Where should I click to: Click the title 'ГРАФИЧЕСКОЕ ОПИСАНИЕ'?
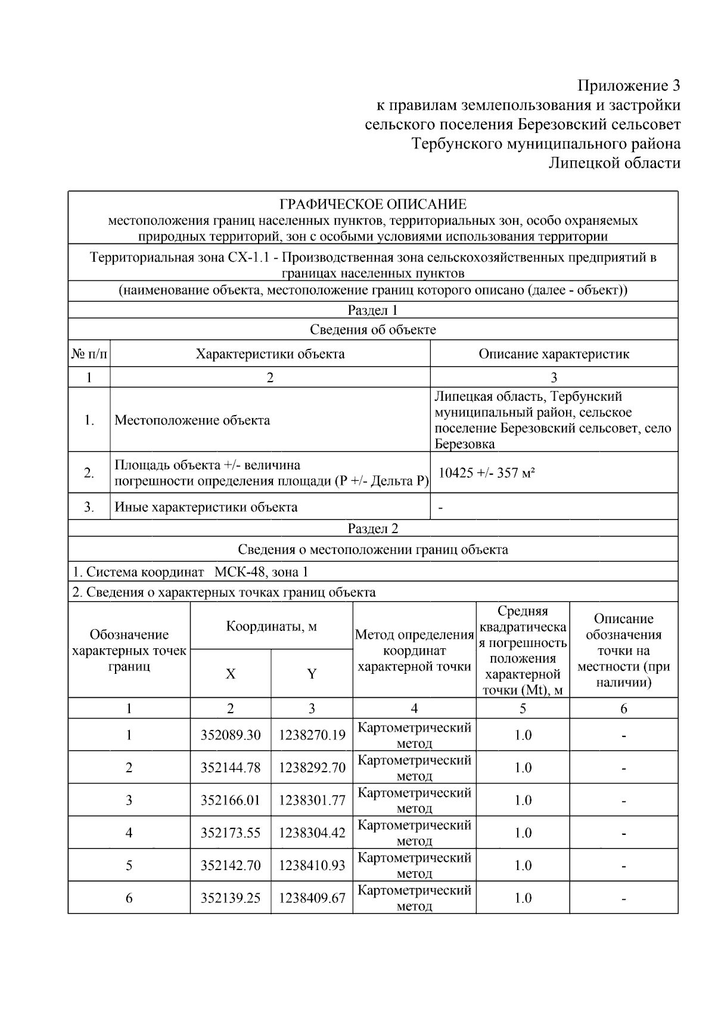click(x=373, y=205)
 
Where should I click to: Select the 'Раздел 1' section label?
click(x=373, y=310)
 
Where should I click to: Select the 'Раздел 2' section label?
click(x=373, y=528)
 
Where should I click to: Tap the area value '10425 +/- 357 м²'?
click(x=486, y=473)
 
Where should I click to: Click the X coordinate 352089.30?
click(x=231, y=735)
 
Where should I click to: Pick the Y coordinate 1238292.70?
click(x=312, y=767)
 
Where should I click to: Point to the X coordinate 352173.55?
click(x=231, y=832)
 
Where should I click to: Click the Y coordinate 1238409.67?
click(x=312, y=898)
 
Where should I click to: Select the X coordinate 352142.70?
click(x=231, y=865)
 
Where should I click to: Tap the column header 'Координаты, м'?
click(x=271, y=626)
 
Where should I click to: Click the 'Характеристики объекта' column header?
click(x=270, y=354)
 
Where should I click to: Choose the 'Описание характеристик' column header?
click(x=554, y=354)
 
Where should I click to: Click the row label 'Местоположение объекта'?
click(x=192, y=420)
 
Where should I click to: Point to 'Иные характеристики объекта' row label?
click(x=206, y=507)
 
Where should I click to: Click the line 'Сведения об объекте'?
click(x=373, y=330)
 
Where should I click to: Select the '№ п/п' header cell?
click(x=89, y=354)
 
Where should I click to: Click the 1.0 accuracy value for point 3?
click(x=523, y=800)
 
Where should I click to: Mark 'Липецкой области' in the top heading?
click(x=614, y=163)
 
